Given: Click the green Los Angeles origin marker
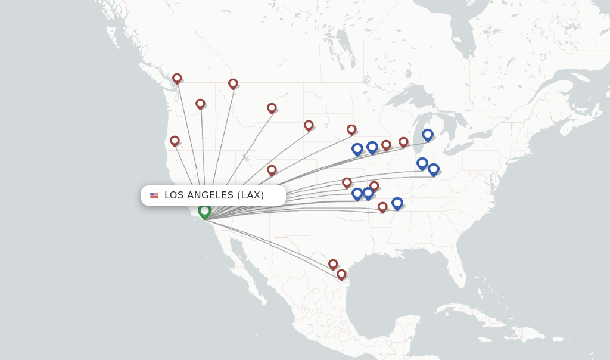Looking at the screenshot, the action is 204,211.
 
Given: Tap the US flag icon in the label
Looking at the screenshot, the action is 154,195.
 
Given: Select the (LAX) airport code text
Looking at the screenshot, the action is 251,195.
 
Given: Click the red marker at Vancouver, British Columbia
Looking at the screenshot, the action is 177,78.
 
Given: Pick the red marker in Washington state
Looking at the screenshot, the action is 200,104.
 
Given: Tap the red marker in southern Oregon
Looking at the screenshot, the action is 175,141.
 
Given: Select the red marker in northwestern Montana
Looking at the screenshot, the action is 233,83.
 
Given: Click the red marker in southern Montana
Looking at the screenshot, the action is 272,108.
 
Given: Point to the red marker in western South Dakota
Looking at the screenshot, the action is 309,125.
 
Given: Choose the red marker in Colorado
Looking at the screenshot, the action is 272,170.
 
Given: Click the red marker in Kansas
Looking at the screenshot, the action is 347,182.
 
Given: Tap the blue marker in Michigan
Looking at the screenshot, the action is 428,135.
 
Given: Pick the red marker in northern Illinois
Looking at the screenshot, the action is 403,142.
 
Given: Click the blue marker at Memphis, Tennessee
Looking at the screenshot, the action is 397,203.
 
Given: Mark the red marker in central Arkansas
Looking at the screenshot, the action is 382,207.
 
